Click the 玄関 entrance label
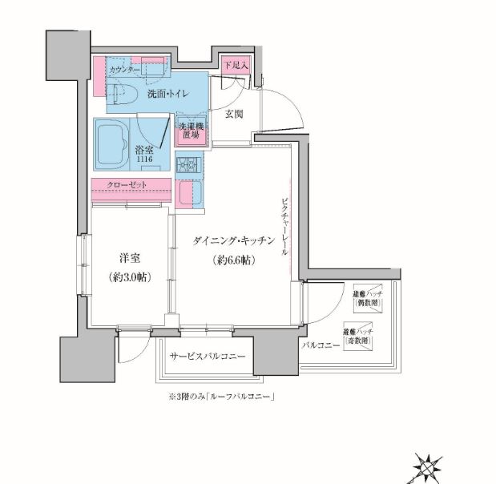coord(234,114)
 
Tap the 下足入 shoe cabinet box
coord(235,64)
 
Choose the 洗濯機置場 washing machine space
coord(192,131)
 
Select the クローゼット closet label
coord(128,186)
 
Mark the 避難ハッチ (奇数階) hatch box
coord(358,335)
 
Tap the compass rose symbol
coord(428,466)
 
